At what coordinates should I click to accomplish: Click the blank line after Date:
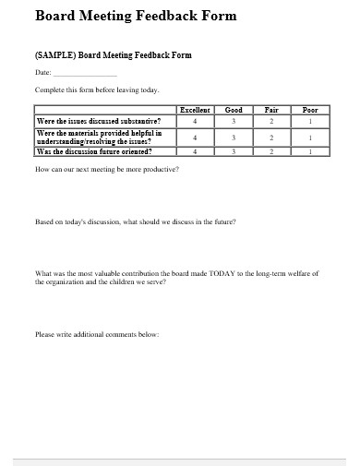[x=86, y=73]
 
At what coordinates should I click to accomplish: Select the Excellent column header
[x=195, y=110]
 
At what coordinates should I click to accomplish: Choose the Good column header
[x=234, y=110]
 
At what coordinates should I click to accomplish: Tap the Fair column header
[x=271, y=110]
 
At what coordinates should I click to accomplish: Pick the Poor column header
[x=310, y=110]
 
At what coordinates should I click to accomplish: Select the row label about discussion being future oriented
[x=93, y=151]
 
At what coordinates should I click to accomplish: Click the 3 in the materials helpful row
[x=234, y=137]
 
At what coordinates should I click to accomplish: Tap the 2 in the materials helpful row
[x=271, y=137]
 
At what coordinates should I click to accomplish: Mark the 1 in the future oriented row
[x=310, y=151]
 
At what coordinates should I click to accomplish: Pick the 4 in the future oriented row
[x=195, y=151]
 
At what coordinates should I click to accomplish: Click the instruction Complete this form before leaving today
[x=97, y=90]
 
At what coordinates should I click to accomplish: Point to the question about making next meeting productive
[x=107, y=170]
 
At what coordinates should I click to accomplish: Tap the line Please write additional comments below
[x=97, y=334]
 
